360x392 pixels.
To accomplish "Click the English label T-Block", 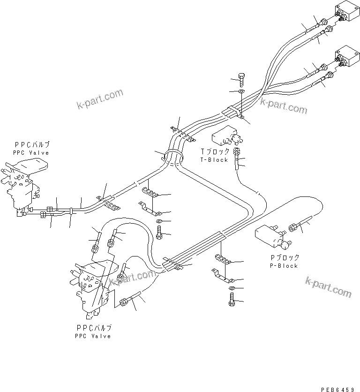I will tap(214, 160).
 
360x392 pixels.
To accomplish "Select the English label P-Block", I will tap(284, 266).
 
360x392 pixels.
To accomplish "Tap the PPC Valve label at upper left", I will tap(31, 153).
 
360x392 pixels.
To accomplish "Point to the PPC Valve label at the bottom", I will tap(93, 336).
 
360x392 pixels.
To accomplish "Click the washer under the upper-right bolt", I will tap(241, 91).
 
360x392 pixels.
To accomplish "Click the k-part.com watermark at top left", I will tap(99, 99).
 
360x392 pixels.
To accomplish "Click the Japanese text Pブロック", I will tap(285, 258).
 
